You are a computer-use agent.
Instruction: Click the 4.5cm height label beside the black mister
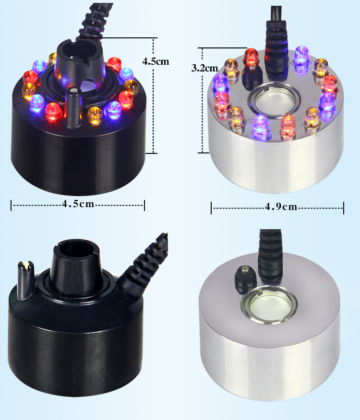(156, 61)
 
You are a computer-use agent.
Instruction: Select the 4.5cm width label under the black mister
(78, 204)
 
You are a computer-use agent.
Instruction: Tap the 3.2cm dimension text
(204, 68)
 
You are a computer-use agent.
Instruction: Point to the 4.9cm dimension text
(281, 207)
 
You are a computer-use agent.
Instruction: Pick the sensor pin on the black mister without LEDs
(25, 280)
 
